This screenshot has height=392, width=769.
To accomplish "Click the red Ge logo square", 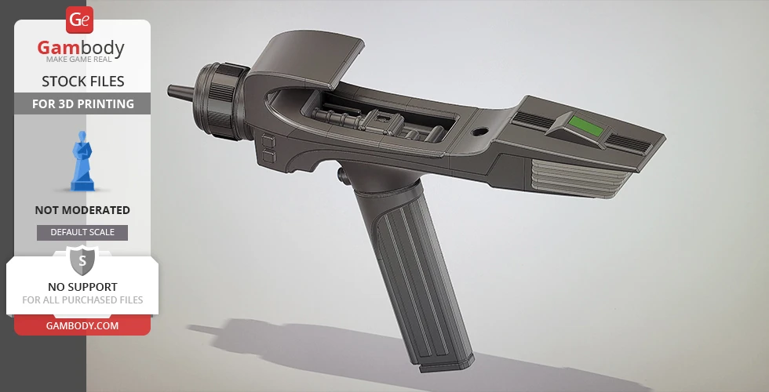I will pyautogui.click(x=80, y=20).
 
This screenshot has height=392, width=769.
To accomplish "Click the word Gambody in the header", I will pyautogui.click(x=81, y=49).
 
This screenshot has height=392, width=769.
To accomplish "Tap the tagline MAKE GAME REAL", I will pyautogui.click(x=82, y=60).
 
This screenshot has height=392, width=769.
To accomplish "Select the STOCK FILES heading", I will pyautogui.click(x=82, y=82).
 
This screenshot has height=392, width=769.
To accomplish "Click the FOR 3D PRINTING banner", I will pyautogui.click(x=82, y=103).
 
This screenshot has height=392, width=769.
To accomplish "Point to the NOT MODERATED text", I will pyautogui.click(x=82, y=210).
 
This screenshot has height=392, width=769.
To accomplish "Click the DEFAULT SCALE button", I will pyautogui.click(x=82, y=232).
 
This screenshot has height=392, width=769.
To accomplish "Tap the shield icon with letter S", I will pyautogui.click(x=82, y=260).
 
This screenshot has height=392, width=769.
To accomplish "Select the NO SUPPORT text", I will pyautogui.click(x=82, y=287).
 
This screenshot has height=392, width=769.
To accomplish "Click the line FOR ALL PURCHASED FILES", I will pyautogui.click(x=82, y=299).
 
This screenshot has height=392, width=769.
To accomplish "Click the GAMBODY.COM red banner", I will pyautogui.click(x=82, y=325).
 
